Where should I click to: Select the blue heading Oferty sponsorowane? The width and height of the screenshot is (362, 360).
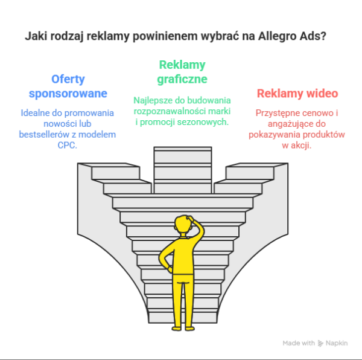point(68,86)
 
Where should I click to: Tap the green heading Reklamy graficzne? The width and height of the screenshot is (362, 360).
point(182,72)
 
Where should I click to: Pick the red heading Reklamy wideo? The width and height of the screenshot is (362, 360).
point(297,94)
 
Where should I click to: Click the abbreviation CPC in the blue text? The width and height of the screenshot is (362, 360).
point(68,145)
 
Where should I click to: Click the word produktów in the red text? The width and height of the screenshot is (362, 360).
point(322,134)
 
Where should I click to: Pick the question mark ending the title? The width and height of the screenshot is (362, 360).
point(325,36)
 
